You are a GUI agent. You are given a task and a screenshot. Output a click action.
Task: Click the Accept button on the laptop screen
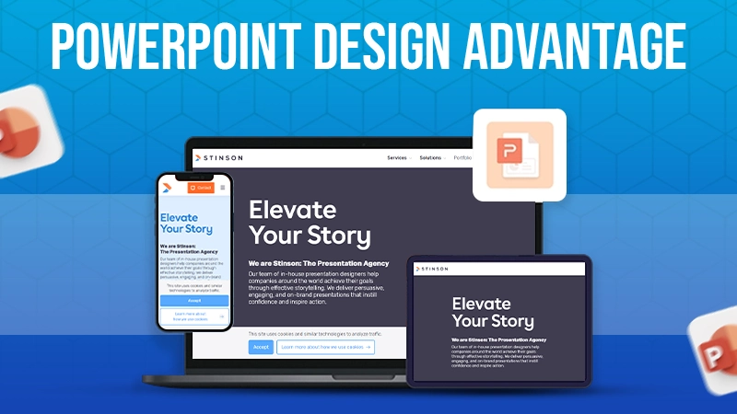click(261, 347)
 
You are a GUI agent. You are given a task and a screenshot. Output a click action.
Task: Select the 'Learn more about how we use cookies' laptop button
click(324, 347)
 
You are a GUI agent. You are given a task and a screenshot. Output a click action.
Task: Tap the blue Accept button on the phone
click(193, 300)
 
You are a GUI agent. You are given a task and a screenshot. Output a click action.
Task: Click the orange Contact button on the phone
click(201, 187)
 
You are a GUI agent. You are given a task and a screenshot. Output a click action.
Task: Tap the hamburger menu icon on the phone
click(222, 187)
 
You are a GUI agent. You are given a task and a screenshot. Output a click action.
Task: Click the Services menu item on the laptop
click(398, 157)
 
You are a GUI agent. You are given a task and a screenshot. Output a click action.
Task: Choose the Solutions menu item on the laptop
click(431, 157)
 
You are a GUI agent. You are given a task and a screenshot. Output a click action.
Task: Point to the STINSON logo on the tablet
click(433, 269)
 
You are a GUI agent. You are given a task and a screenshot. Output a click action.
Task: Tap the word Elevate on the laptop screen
click(287, 209)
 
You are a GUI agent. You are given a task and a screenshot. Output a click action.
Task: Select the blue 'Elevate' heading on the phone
click(179, 217)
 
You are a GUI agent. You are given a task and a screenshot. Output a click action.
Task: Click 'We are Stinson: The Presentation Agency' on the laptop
click(319, 263)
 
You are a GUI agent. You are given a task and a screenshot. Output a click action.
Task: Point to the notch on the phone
click(193, 177)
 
